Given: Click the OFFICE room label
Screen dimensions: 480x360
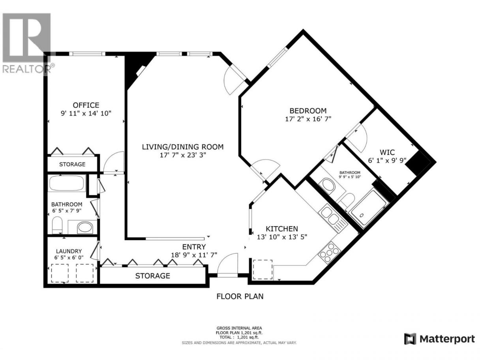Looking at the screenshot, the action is [x=86, y=105].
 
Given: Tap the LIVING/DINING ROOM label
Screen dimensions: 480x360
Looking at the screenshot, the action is [x=183, y=147].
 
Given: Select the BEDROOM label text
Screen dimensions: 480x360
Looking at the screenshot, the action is [x=308, y=111].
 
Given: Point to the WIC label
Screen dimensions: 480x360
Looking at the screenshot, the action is [x=387, y=152].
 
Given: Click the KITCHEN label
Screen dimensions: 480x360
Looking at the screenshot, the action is [x=282, y=229].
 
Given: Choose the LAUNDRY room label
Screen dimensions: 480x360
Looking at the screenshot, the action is [x=69, y=251].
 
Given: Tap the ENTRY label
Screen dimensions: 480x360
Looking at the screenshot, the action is [x=194, y=247].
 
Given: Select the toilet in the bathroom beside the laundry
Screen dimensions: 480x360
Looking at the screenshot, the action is [x=57, y=225].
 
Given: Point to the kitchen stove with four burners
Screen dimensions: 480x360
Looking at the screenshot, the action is [x=329, y=252].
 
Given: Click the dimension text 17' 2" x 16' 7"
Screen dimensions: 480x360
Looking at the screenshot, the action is [x=308, y=119].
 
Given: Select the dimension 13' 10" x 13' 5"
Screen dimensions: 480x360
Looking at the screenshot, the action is [x=282, y=237].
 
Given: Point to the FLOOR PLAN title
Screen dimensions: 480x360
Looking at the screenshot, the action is [x=240, y=296].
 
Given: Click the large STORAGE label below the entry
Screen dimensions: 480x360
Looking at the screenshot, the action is [x=153, y=276].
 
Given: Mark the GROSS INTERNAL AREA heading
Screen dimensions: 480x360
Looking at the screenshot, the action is [x=239, y=328].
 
